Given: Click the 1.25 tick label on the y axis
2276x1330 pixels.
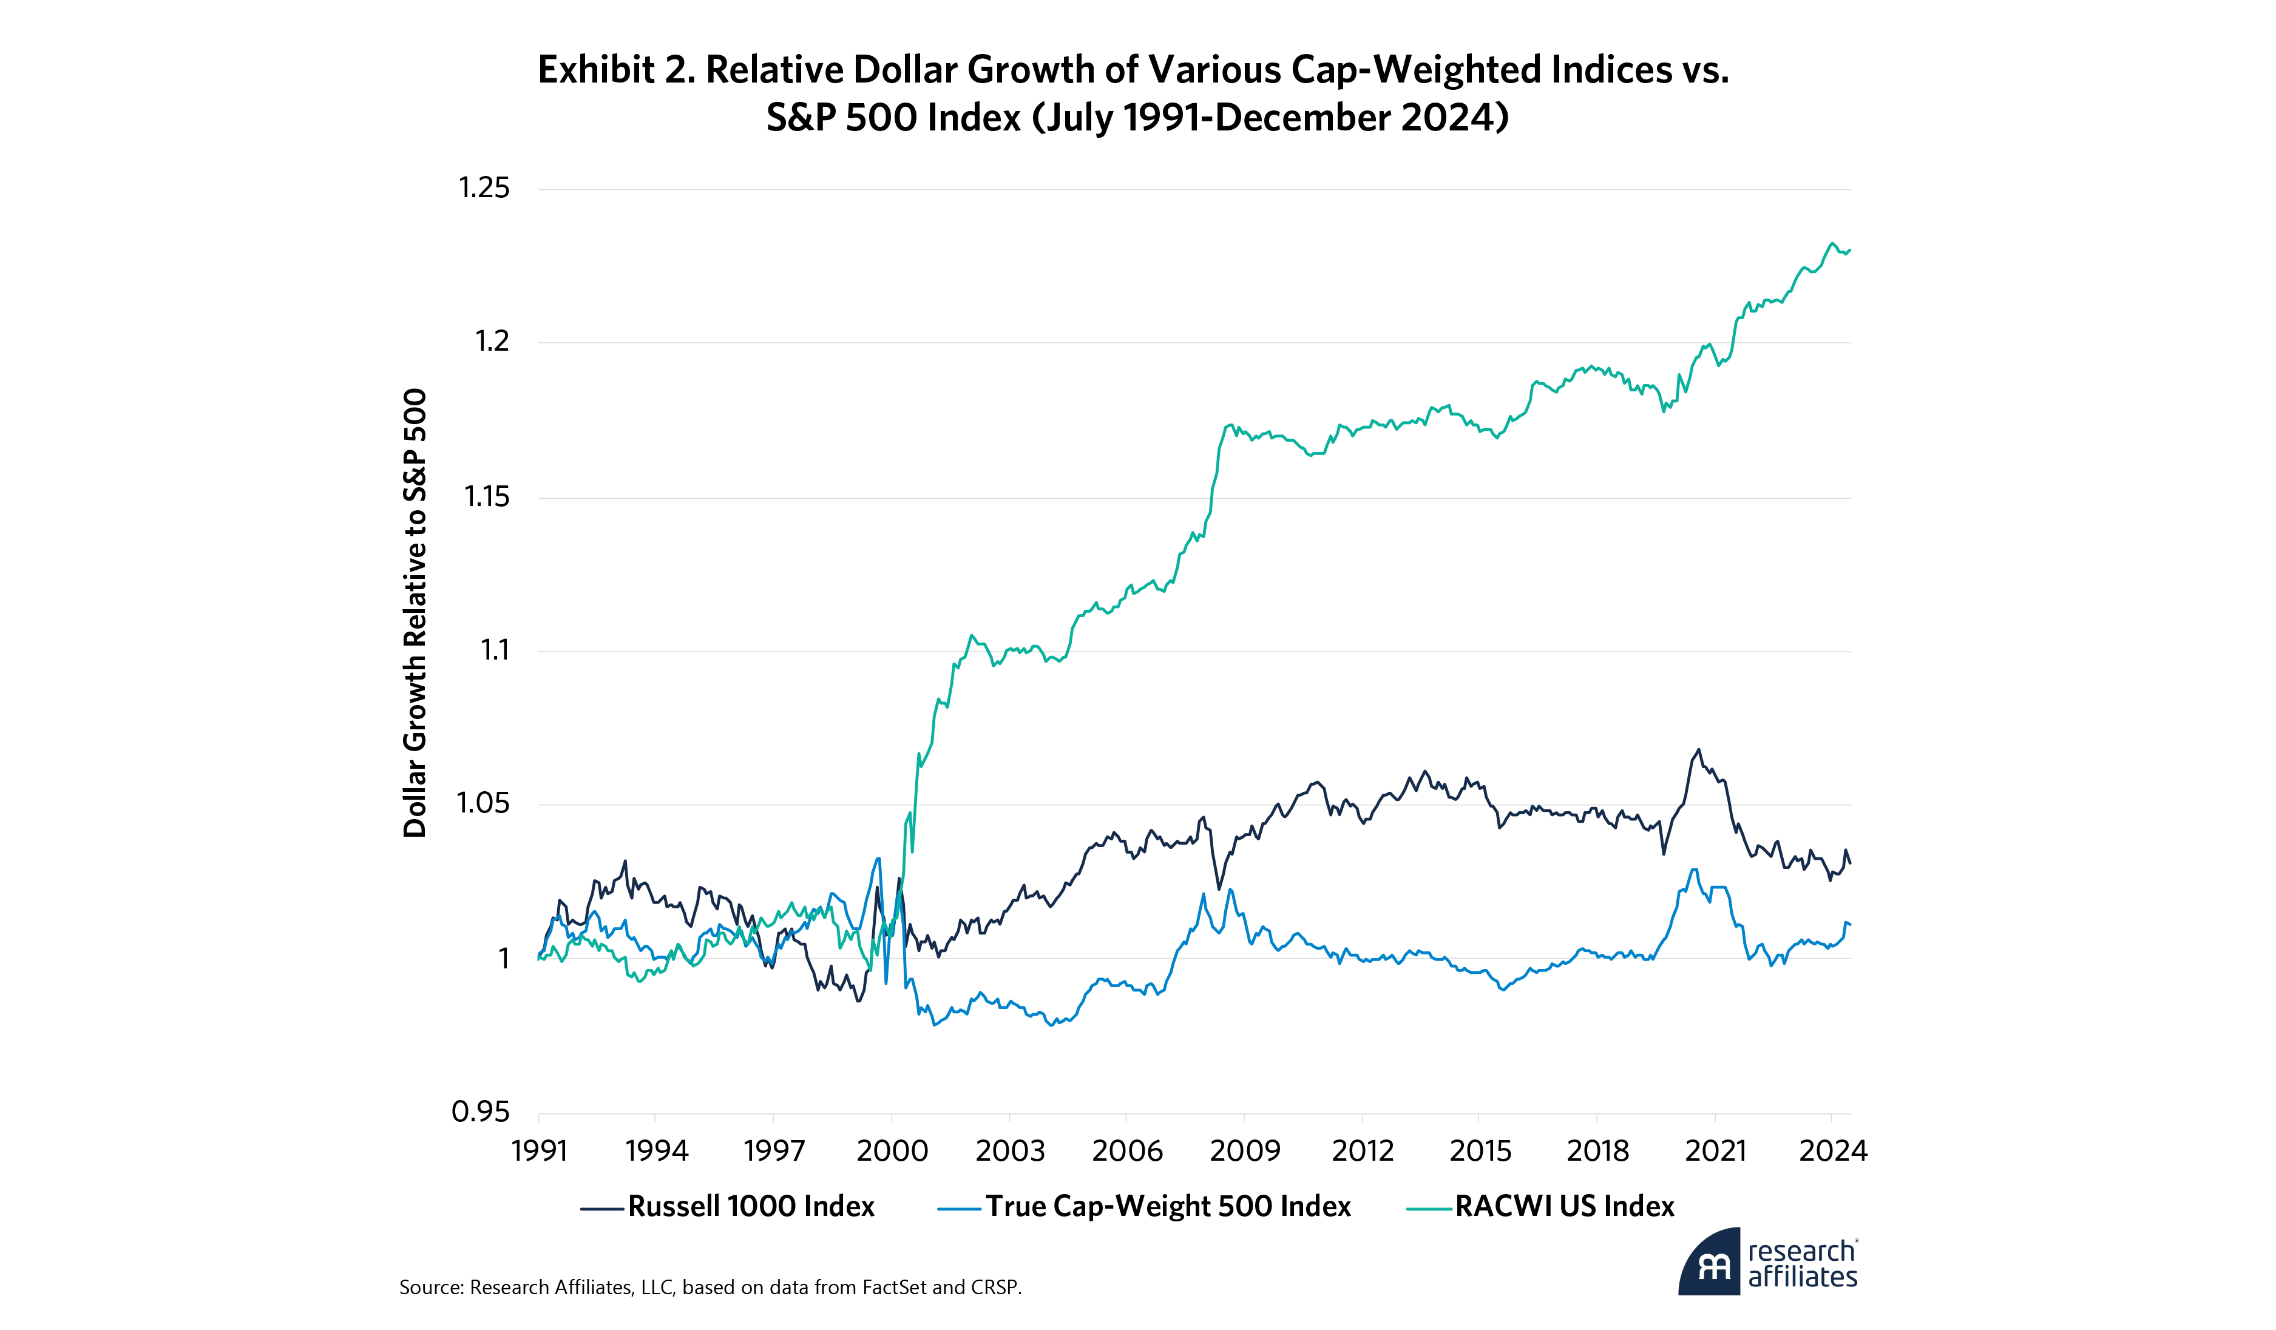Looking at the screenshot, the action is pyautogui.click(x=484, y=188).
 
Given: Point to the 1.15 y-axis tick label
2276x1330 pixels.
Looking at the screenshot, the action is pyautogui.click(x=487, y=496).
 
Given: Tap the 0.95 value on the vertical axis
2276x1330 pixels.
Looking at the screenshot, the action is pyautogui.click(x=481, y=1112).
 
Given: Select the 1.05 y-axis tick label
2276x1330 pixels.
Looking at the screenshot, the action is pyautogui.click(x=483, y=803).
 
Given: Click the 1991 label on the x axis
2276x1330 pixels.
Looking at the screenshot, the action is pyautogui.click(x=539, y=1150).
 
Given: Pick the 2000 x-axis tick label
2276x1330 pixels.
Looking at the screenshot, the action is pyautogui.click(x=892, y=1150).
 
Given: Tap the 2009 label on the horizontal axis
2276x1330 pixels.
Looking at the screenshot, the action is pyautogui.click(x=1245, y=1150).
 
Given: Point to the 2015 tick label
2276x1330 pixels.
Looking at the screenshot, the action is pyautogui.click(x=1480, y=1150).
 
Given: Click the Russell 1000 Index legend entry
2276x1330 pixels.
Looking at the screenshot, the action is pyautogui.click(x=728, y=1206).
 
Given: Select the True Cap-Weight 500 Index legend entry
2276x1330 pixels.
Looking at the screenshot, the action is pyautogui.click(x=1144, y=1206).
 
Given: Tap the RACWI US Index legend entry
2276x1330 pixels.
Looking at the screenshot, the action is pyautogui.click(x=1541, y=1206).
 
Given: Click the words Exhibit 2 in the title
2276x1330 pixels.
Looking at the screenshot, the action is pyautogui.click(x=617, y=70).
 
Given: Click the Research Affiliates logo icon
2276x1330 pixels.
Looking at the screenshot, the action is pyautogui.click(x=1709, y=1261).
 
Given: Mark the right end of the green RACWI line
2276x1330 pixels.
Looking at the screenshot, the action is pyautogui.click(x=1851, y=250).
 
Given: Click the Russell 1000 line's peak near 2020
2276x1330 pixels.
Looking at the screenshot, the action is pyautogui.click(x=1699, y=749).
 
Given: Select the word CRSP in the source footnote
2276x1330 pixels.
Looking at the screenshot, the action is pyautogui.click(x=995, y=1288).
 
